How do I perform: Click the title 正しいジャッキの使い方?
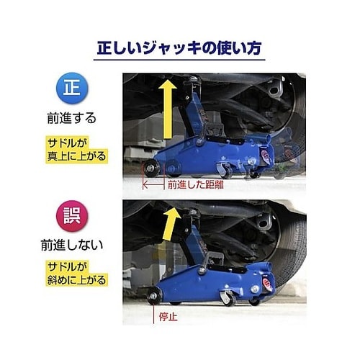(x=180, y=50)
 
